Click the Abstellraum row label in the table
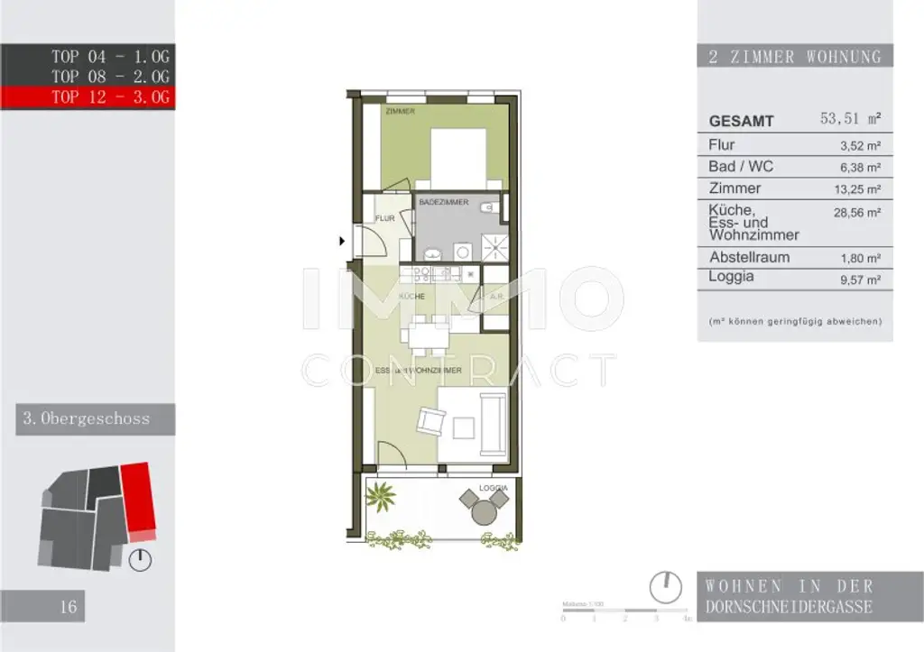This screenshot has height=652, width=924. pyautogui.click(x=749, y=257)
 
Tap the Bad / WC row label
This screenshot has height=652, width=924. pyautogui.click(x=741, y=167)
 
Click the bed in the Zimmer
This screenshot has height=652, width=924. pyautogui.click(x=458, y=157)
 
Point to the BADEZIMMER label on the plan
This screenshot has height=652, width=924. pyautogui.click(x=443, y=203)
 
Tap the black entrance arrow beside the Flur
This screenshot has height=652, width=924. pyautogui.click(x=342, y=241)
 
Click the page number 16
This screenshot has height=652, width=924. pyautogui.click(x=69, y=606)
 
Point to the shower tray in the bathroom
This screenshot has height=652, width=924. pyautogui.click(x=493, y=245)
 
